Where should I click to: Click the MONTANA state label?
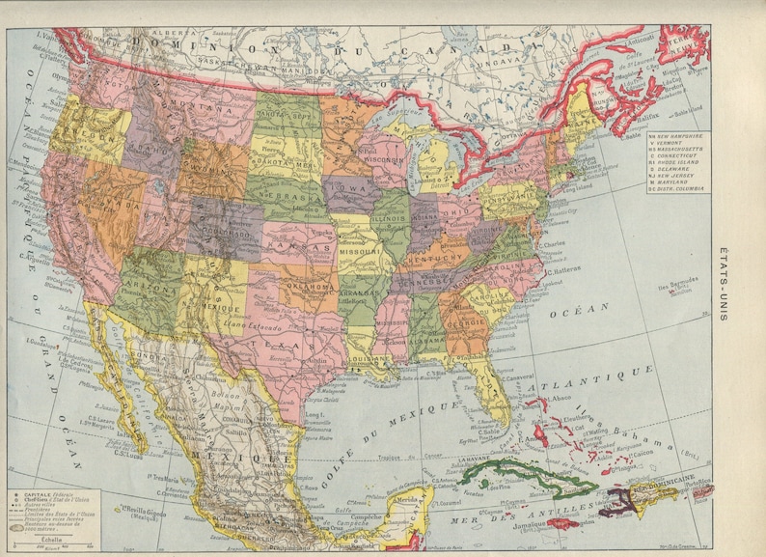pos(200,112)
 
